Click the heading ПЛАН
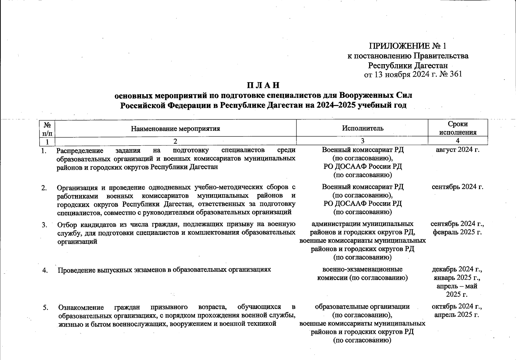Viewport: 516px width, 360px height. [263, 85]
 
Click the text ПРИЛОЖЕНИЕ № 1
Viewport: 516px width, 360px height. [408, 46]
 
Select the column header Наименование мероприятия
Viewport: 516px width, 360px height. [175, 129]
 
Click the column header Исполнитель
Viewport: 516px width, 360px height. [363, 128]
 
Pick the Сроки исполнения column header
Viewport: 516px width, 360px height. [457, 128]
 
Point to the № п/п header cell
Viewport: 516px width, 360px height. [47, 128]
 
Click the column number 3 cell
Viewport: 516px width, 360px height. [363, 141]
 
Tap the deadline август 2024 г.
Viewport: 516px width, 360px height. [457, 150]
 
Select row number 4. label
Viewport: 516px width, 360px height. [45, 270]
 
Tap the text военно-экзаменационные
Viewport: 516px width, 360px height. [362, 269]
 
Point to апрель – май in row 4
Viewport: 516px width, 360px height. [457, 286]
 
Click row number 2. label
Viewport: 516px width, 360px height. [44, 188]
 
